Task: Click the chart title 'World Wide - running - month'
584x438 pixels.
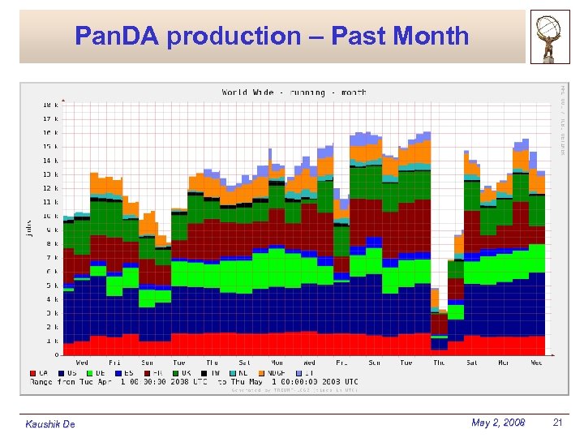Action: (294, 92)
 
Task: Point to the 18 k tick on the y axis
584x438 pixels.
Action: (49, 105)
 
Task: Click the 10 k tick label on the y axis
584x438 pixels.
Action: (49, 216)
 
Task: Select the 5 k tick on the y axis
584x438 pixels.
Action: (51, 286)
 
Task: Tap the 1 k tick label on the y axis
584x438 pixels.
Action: (51, 341)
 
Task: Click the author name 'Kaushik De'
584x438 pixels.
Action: (50, 424)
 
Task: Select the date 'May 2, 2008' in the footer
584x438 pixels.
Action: (497, 423)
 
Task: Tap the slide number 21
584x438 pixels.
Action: (556, 423)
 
